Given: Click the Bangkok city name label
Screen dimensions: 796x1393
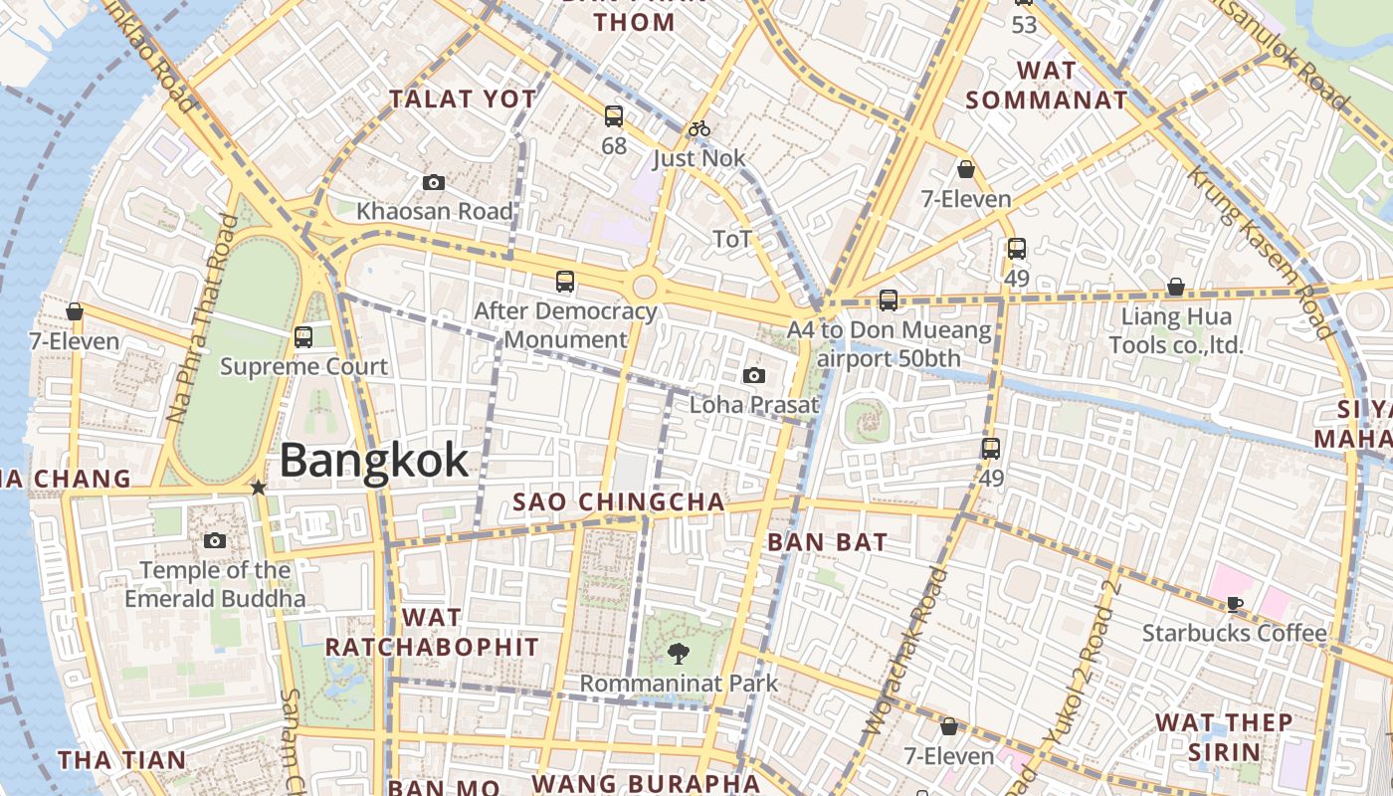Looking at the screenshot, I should (373, 461).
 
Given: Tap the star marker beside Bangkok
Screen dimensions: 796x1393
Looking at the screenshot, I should (259, 488).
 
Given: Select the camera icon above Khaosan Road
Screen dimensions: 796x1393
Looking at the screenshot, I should (433, 182).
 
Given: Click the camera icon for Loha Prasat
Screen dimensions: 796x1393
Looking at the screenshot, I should (754, 375).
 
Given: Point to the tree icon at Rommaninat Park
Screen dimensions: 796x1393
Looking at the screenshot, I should (679, 654).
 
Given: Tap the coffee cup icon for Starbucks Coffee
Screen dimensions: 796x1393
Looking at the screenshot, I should (1235, 603).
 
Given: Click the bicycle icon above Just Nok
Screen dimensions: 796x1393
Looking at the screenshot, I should (699, 128).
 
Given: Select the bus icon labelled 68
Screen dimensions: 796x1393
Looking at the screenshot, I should (614, 116).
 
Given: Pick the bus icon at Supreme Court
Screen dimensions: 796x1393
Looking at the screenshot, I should (303, 337).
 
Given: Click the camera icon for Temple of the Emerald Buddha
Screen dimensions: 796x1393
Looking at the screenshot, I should (214, 541).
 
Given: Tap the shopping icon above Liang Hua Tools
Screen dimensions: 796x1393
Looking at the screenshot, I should (1176, 287).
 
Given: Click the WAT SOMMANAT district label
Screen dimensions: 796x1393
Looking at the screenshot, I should (1047, 86).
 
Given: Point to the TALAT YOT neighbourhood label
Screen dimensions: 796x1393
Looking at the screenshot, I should (463, 99).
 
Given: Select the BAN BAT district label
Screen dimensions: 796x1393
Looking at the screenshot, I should (827, 543).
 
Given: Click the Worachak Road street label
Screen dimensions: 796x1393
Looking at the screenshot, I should (903, 652).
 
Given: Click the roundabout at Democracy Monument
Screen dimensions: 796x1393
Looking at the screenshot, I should (644, 288).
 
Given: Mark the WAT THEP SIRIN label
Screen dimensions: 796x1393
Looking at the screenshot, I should (1224, 736).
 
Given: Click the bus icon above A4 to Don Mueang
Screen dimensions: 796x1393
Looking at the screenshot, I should (889, 299).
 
